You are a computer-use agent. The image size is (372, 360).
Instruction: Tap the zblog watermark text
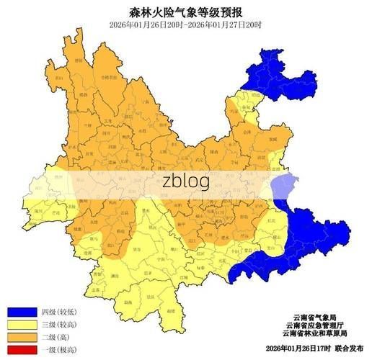pyautogui.click(x=185, y=181)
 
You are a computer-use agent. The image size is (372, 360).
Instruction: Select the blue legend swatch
pyautogui.click(x=21, y=312)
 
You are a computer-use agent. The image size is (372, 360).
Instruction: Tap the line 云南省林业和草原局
pyautogui.click(x=315, y=333)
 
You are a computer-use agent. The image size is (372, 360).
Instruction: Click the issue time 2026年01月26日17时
pyautogui.click(x=296, y=348)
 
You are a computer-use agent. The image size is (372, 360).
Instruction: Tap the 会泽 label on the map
pyautogui.click(x=247, y=132)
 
